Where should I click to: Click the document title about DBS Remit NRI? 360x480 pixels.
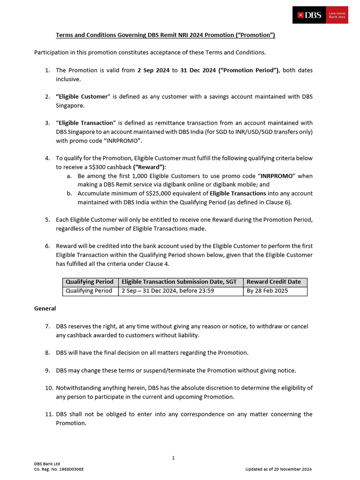165,35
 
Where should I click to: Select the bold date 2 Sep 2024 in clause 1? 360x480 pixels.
154,70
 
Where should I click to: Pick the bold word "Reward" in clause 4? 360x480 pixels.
150,167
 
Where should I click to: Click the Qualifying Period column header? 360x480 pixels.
90,282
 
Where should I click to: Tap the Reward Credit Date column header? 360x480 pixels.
274,282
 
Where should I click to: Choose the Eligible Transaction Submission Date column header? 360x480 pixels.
179,282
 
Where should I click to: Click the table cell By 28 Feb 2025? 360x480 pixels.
267,291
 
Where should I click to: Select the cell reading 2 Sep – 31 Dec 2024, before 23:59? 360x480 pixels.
167,291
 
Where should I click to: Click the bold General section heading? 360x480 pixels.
45,308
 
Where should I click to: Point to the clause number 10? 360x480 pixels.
49,388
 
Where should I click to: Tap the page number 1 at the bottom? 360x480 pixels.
173,457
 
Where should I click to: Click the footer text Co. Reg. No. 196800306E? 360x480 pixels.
59,469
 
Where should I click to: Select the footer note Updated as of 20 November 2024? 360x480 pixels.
278,469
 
